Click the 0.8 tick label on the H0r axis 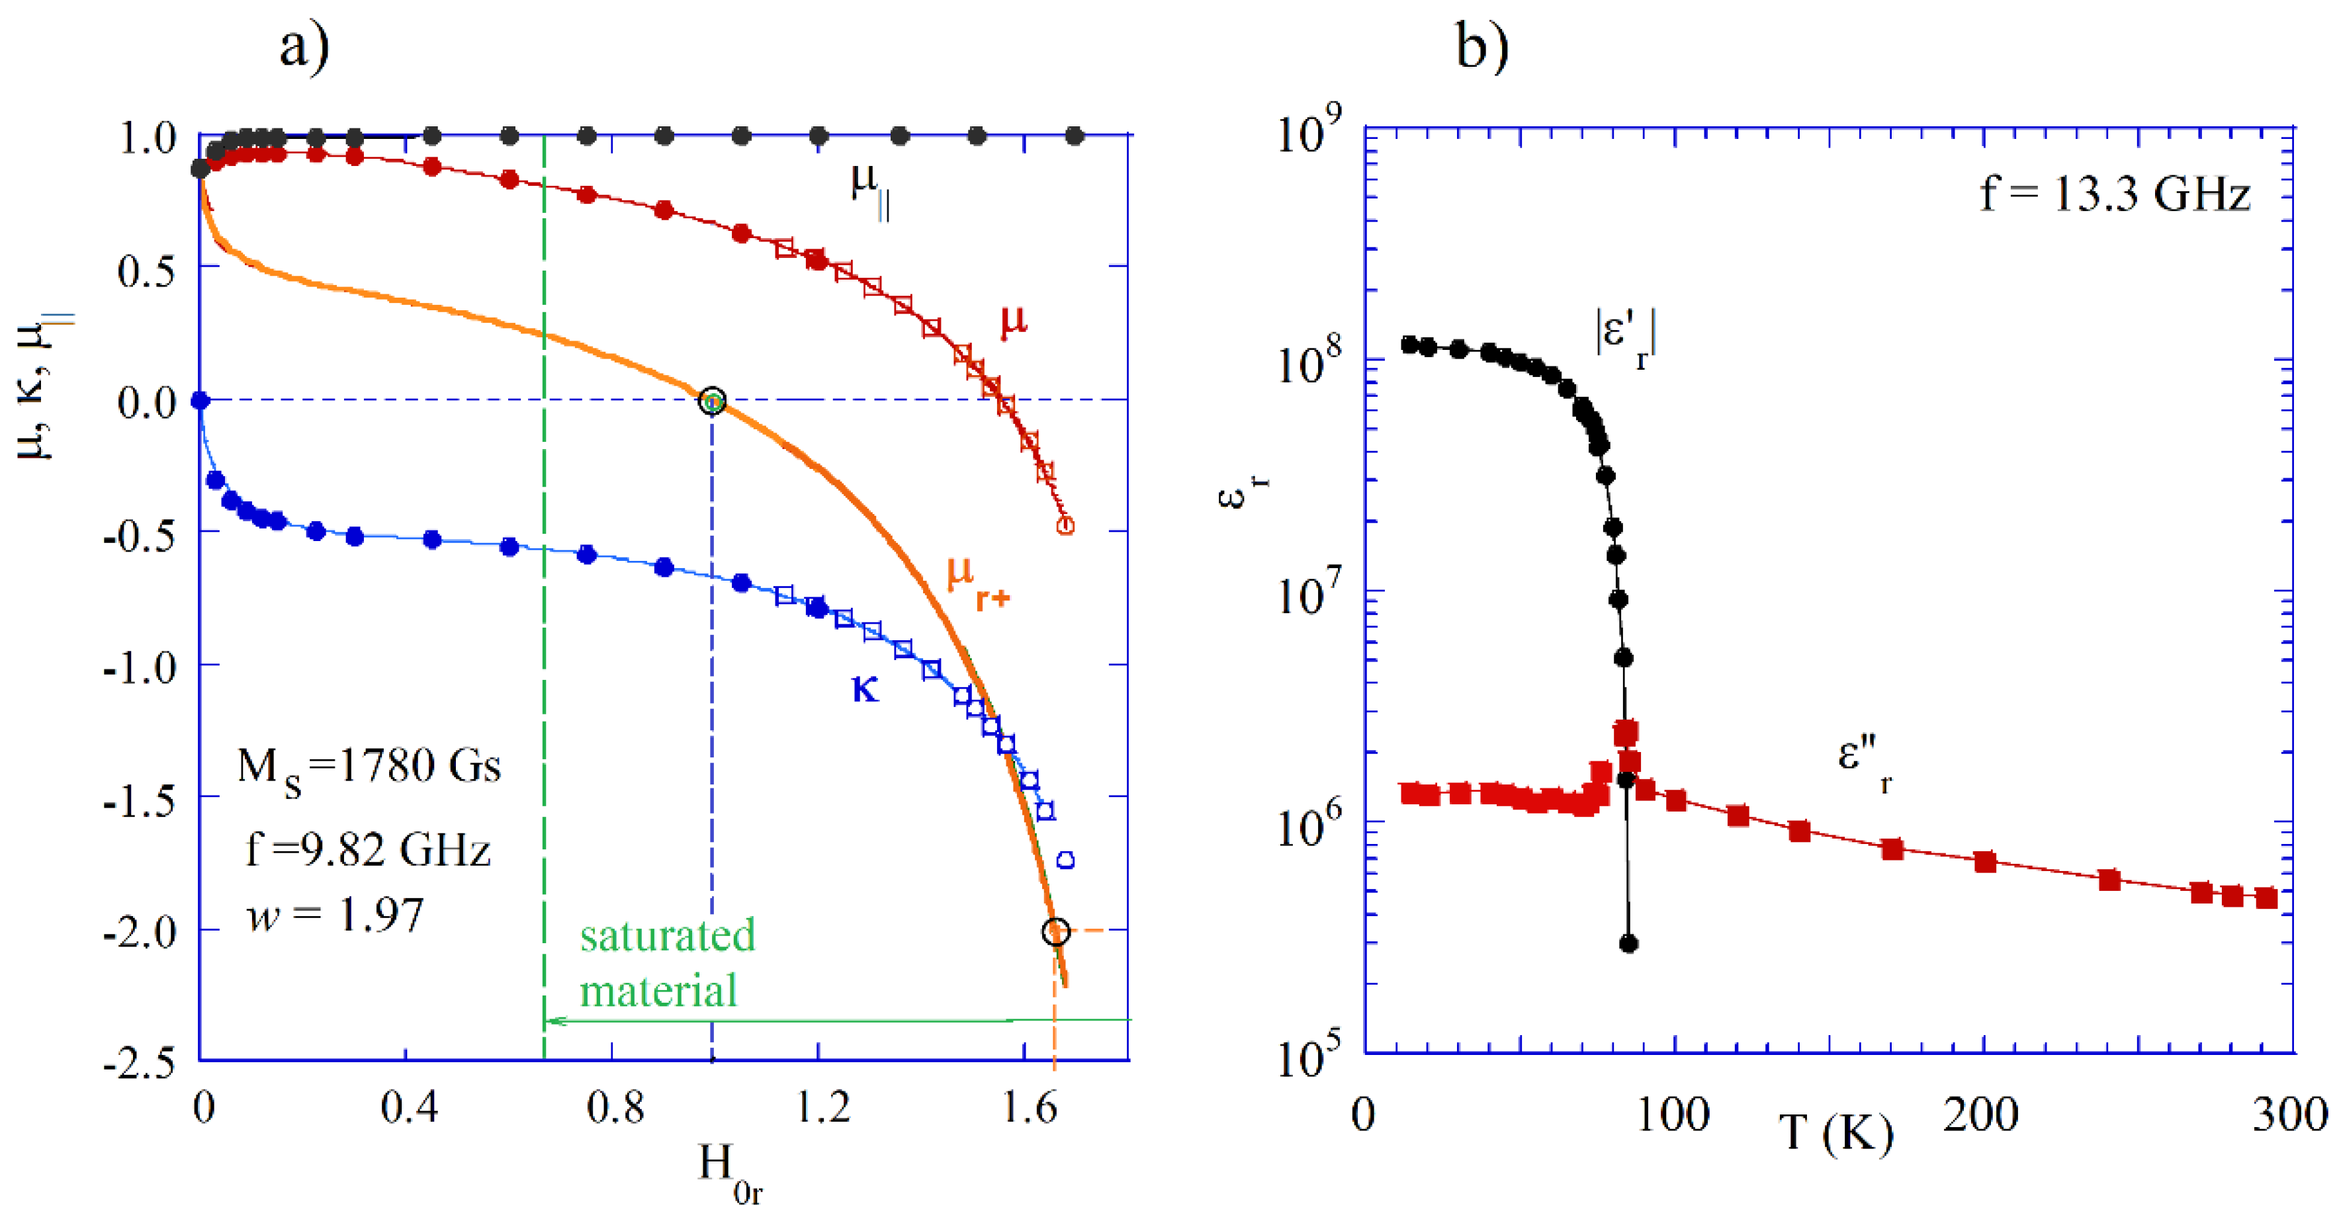(x=615, y=1107)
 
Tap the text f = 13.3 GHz (x=2115, y=194)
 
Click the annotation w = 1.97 (x=335, y=915)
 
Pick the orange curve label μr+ (x=976, y=581)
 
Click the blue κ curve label (x=865, y=689)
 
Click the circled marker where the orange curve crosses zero (x=713, y=400)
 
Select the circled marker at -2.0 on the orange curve (x=1056, y=931)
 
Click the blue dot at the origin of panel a (x=200, y=400)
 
